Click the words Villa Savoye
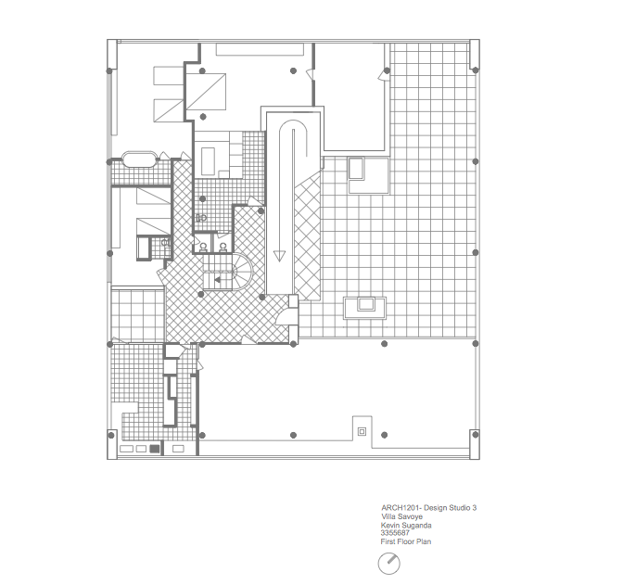pos(401,516)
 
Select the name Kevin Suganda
pos(406,525)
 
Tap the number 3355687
pos(395,533)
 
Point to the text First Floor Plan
pos(406,541)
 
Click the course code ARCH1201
pos(400,507)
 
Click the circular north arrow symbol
pos(388,563)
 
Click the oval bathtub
pos(139,159)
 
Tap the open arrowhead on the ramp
pos(279,256)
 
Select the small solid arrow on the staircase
pos(217,280)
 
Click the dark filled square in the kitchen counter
pos(155,449)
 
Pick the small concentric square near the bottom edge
pos(362,431)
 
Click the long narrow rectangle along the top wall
pos(260,49)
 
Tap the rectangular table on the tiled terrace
pos(365,308)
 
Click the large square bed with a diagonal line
pos(206,92)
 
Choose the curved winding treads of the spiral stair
pos(242,272)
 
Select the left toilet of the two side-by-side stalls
pos(203,247)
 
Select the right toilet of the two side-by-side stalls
pos(222,247)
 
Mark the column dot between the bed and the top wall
pos(202,70)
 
